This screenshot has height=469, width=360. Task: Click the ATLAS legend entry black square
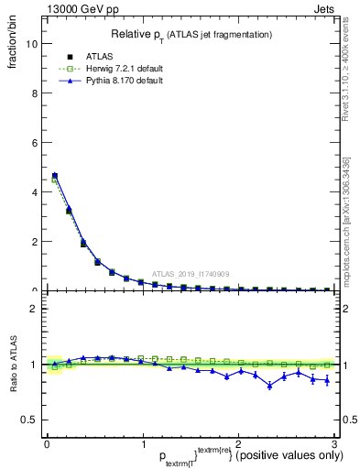point(70,57)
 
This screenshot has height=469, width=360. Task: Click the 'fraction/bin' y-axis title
point(12,46)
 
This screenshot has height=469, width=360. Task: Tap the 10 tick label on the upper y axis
point(30,44)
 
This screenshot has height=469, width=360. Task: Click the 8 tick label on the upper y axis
point(33,93)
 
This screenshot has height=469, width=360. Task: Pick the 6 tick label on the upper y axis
point(33,143)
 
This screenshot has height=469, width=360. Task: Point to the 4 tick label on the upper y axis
point(33,192)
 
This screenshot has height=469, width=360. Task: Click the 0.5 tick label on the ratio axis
point(27,420)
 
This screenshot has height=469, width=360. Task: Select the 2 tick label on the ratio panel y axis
point(33,309)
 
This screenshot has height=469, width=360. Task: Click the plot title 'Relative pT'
point(191,34)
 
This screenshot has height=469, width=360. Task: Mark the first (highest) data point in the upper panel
point(55,176)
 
